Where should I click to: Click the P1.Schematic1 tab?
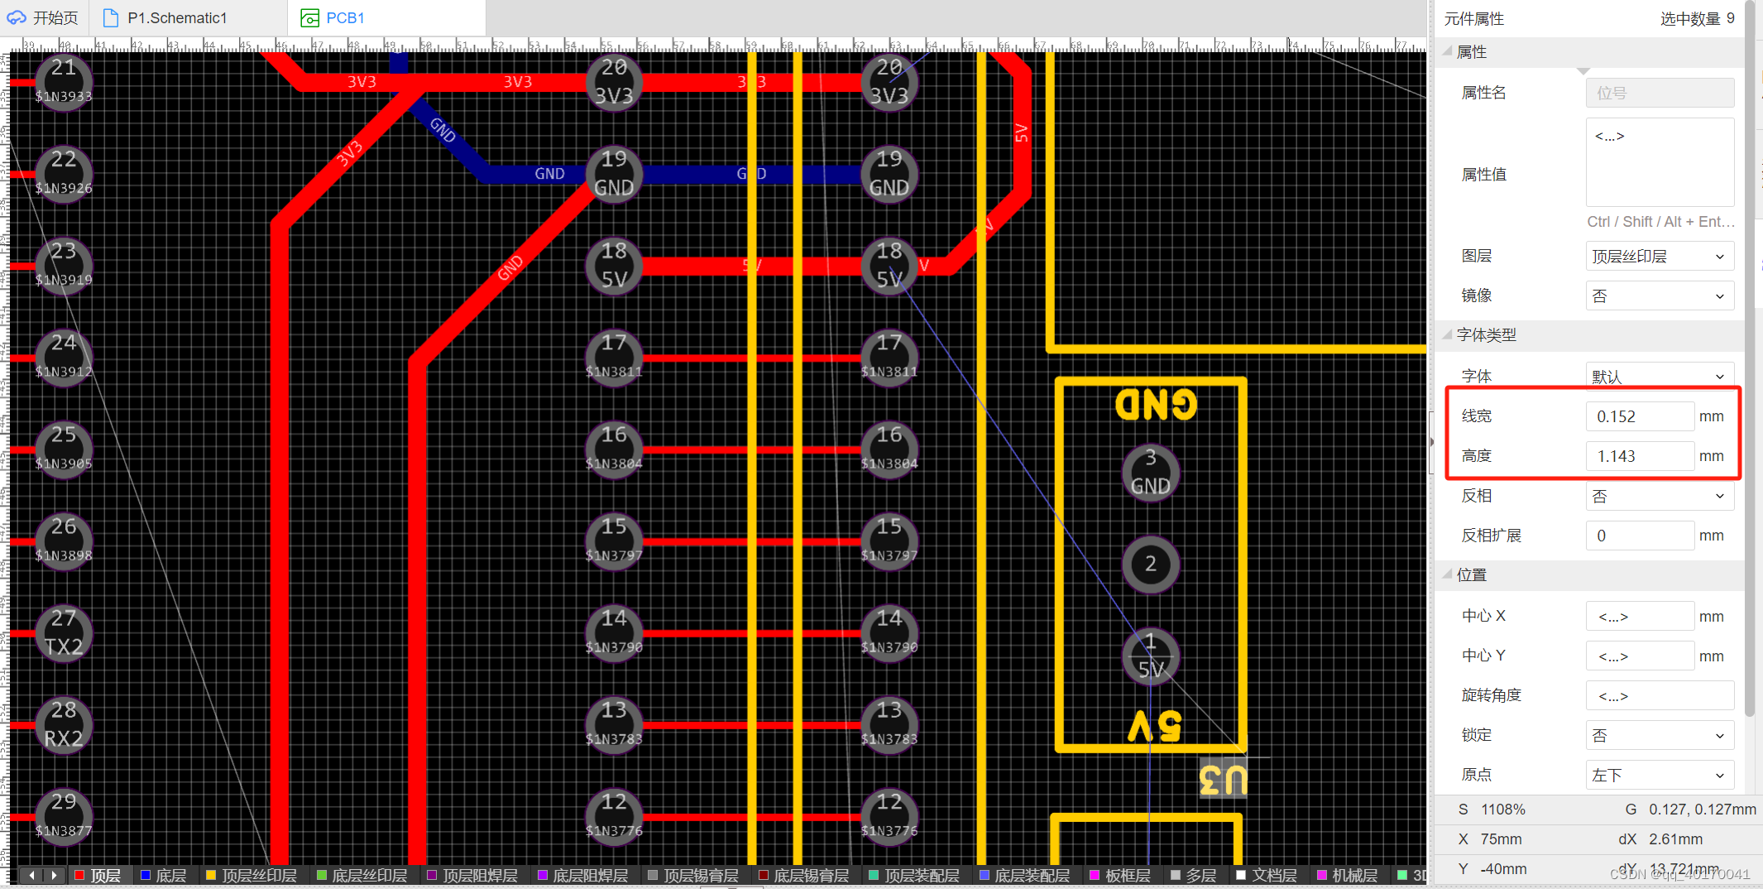coord(176,18)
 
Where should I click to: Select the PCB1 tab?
coord(344,18)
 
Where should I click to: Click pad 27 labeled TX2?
coord(64,633)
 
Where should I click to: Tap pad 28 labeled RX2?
coord(64,725)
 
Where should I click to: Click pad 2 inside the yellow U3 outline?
coord(1150,565)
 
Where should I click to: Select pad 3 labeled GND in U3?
coord(1150,473)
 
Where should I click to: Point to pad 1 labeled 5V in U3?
coord(1150,656)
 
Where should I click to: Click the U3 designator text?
coord(1222,780)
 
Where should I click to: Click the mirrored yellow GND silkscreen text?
coord(1155,405)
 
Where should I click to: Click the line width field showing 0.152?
coord(1638,416)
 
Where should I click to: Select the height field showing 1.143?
coord(1638,456)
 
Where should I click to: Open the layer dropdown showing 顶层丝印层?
coord(1658,257)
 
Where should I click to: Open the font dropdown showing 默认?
coord(1658,377)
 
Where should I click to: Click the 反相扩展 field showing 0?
coord(1638,536)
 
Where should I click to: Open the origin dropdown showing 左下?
coord(1658,776)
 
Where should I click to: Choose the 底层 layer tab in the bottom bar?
coord(164,876)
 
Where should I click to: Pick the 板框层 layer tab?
coord(1120,876)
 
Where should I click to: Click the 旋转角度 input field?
coord(1658,696)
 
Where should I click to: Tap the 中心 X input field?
coord(1638,617)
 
